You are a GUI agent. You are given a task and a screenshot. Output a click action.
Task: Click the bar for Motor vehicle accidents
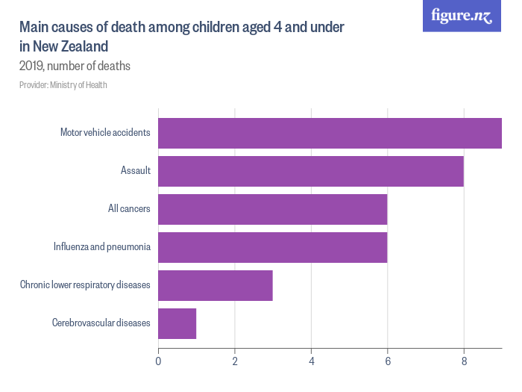tap(330, 133)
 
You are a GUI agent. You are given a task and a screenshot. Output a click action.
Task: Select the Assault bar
tap(311, 171)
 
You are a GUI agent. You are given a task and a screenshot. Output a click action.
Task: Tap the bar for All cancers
tap(273, 209)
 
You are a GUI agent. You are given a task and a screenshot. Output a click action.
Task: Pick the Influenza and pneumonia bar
tap(273, 247)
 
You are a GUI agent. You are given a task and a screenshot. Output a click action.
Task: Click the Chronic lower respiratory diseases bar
tap(216, 285)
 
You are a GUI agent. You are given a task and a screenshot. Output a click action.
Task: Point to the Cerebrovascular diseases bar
tap(177, 323)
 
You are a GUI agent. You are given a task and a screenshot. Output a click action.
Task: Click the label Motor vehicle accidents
tap(105, 133)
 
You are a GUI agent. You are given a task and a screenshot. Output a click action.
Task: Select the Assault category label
tap(136, 171)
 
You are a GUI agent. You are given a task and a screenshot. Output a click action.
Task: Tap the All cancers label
tap(129, 209)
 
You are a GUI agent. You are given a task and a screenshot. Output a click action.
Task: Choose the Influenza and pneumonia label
tap(102, 247)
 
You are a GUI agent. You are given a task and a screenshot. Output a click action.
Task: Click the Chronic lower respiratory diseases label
tap(85, 285)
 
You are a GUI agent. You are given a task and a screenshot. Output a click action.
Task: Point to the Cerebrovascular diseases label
tap(101, 323)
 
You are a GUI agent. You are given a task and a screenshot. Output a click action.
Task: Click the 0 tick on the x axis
tap(158, 362)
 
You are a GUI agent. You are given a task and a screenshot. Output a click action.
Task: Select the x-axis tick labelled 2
tap(235, 362)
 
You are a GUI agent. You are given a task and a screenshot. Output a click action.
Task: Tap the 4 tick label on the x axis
tap(311, 362)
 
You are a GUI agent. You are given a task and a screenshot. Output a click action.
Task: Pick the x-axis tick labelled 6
tap(388, 362)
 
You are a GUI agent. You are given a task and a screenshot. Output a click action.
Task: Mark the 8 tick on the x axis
tap(464, 362)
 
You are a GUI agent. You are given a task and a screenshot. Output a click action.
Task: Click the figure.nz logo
tap(462, 16)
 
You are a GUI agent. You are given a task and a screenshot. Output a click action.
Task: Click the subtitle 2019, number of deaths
tap(75, 66)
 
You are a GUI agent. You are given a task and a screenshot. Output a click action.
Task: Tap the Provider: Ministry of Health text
tap(63, 85)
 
